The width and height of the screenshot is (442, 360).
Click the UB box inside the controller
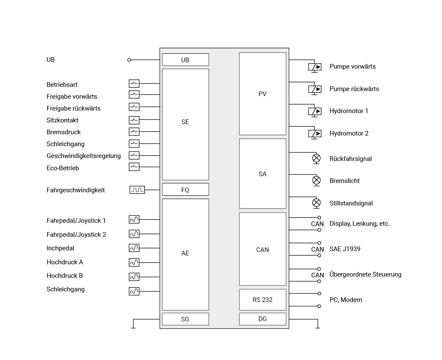(186, 60)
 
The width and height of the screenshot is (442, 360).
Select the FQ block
(186, 190)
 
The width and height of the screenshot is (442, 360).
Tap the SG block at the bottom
(186, 319)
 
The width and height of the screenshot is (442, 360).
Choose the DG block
(263, 319)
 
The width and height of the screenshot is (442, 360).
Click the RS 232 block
(263, 300)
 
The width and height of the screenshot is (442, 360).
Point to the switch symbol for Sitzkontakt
(134, 120)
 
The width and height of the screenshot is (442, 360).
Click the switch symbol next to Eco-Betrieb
(134, 167)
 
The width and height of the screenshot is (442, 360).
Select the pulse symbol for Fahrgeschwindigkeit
(137, 190)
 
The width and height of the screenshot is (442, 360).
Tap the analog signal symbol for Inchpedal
(134, 248)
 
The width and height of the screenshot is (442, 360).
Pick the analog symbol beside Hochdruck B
(134, 277)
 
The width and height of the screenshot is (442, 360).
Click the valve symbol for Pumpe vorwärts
(315, 67)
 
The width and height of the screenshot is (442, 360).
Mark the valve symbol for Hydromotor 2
(315, 134)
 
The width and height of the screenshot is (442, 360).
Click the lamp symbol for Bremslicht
(317, 180)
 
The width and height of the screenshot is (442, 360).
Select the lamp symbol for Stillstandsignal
(317, 203)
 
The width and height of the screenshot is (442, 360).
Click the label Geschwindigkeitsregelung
(84, 156)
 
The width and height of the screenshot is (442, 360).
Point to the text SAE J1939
(345, 249)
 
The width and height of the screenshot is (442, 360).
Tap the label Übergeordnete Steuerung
(365, 274)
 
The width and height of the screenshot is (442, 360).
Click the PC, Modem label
(346, 300)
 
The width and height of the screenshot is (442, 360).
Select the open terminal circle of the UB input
(129, 60)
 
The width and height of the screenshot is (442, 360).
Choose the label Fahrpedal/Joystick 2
(76, 235)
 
